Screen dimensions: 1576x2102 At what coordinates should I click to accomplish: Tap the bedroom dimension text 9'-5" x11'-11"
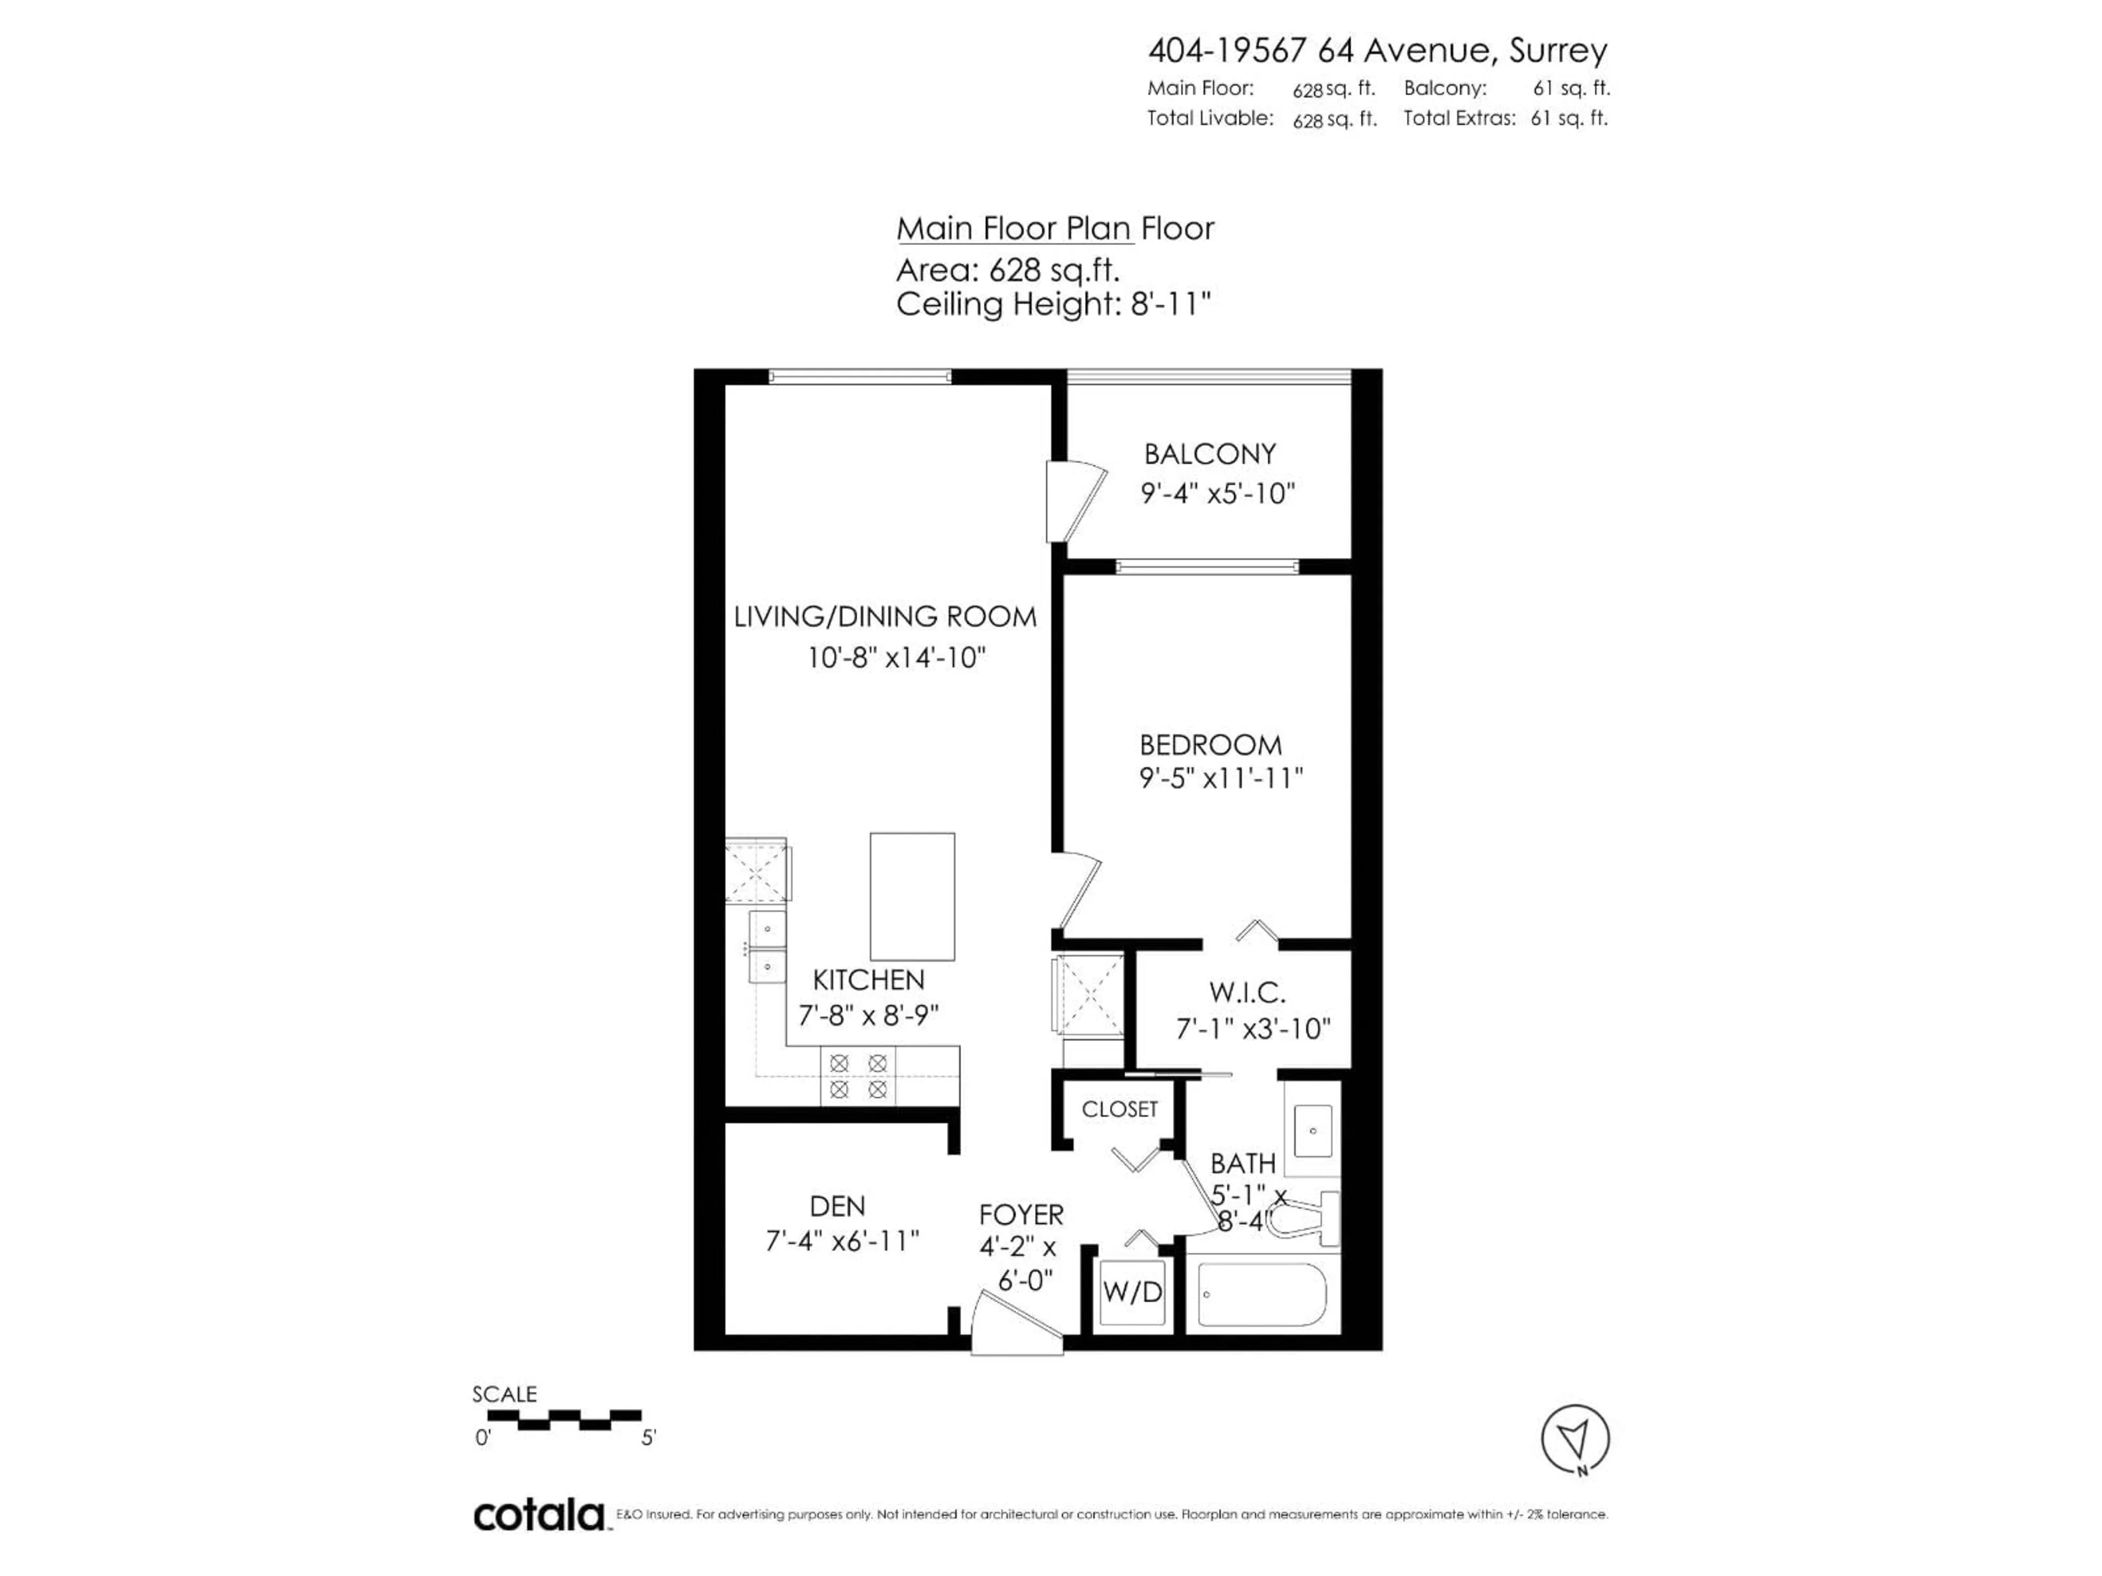(x=1220, y=779)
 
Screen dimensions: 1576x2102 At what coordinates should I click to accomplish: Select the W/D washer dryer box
(x=1132, y=1292)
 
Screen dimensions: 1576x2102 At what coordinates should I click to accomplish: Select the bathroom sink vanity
(x=1312, y=1131)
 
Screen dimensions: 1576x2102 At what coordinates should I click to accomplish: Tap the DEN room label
(x=837, y=1207)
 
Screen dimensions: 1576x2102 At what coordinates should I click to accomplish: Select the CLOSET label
(x=1119, y=1110)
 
